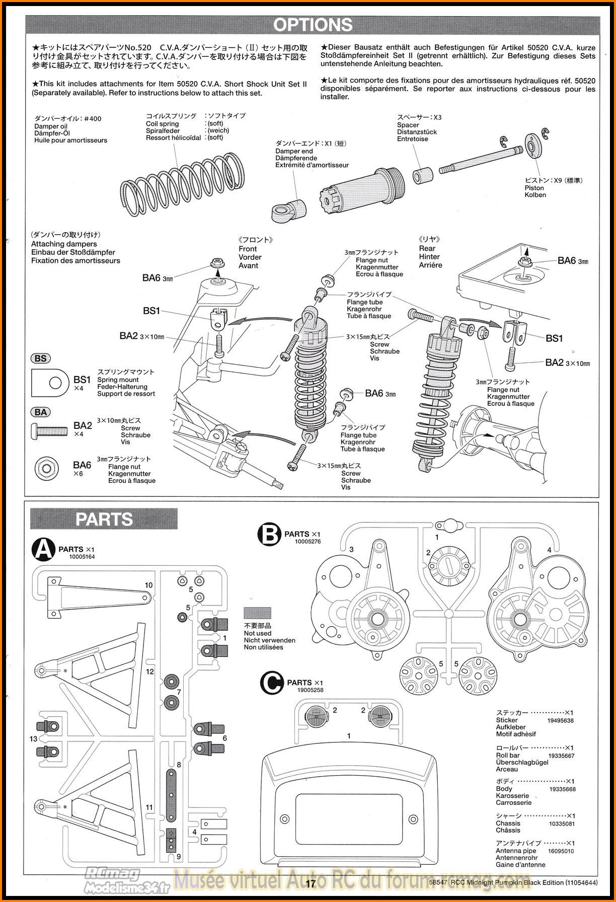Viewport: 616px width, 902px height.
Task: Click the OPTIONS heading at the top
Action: click(x=313, y=25)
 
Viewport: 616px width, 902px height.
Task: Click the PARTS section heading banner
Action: click(x=104, y=519)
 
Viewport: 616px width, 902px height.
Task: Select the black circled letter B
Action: click(x=270, y=535)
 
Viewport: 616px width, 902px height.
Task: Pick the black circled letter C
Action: click(x=272, y=683)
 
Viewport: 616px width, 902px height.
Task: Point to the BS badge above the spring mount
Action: click(x=41, y=358)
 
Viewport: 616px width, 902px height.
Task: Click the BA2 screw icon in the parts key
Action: click(x=49, y=430)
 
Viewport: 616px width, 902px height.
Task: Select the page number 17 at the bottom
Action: click(x=310, y=883)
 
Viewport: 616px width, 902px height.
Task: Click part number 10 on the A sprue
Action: click(x=148, y=585)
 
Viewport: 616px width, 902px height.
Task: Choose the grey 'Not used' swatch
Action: click(x=257, y=613)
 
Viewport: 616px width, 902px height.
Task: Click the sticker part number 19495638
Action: click(x=561, y=720)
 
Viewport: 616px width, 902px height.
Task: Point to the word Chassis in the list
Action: click(x=508, y=823)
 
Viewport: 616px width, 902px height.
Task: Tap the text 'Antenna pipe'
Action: click(x=516, y=851)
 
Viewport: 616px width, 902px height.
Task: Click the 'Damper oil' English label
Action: click(x=50, y=126)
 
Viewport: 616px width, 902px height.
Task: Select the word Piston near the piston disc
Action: click(x=534, y=188)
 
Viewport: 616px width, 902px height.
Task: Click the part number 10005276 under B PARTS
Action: click(x=307, y=542)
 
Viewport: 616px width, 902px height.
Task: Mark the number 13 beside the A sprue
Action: click(x=33, y=739)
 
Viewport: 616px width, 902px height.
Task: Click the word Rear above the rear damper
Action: click(x=427, y=248)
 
